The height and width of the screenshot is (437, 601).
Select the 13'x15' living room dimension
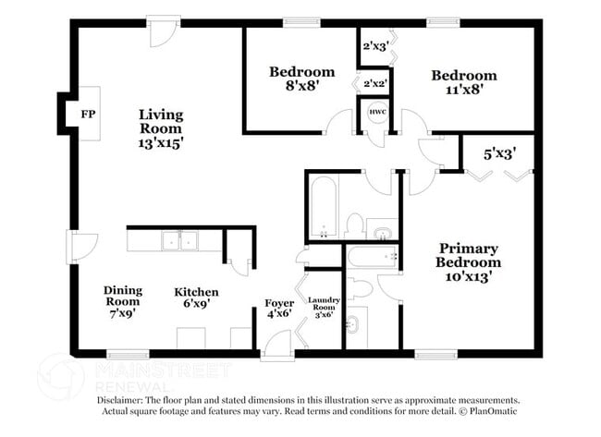pos(161,144)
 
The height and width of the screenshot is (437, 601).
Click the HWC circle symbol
pos(377,113)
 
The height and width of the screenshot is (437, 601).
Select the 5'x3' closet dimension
pos(501,153)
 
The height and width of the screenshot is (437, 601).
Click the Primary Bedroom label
pos(468,255)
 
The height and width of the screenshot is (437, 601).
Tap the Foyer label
pos(279,303)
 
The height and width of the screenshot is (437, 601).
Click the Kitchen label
pos(197,292)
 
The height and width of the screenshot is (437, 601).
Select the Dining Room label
pos(122,295)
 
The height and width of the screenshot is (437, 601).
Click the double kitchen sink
pos(178,241)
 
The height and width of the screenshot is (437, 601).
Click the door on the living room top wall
pos(163,29)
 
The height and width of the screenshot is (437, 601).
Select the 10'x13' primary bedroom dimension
pos(468,275)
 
